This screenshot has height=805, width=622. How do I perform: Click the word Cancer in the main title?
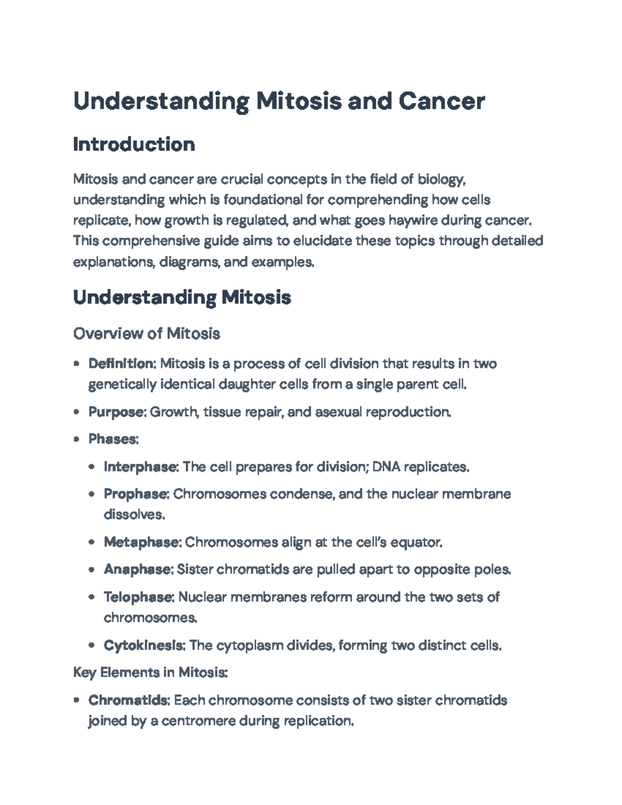(441, 101)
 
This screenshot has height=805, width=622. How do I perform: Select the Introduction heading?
(134, 144)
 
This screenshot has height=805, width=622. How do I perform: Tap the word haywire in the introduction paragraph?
(413, 220)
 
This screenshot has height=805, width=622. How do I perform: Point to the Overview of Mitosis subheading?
(147, 333)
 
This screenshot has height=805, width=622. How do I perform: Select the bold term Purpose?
(117, 412)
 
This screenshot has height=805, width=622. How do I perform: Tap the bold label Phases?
(113, 439)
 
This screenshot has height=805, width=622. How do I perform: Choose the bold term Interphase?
(140, 467)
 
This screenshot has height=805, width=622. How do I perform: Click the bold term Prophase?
(136, 494)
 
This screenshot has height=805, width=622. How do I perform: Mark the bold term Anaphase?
(137, 570)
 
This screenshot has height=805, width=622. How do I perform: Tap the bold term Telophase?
(138, 597)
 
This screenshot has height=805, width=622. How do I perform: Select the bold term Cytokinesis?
(144, 645)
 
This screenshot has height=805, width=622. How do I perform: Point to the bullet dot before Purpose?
(77, 413)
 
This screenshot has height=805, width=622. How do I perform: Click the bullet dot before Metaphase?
(92, 543)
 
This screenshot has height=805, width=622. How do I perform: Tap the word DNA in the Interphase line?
(386, 467)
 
